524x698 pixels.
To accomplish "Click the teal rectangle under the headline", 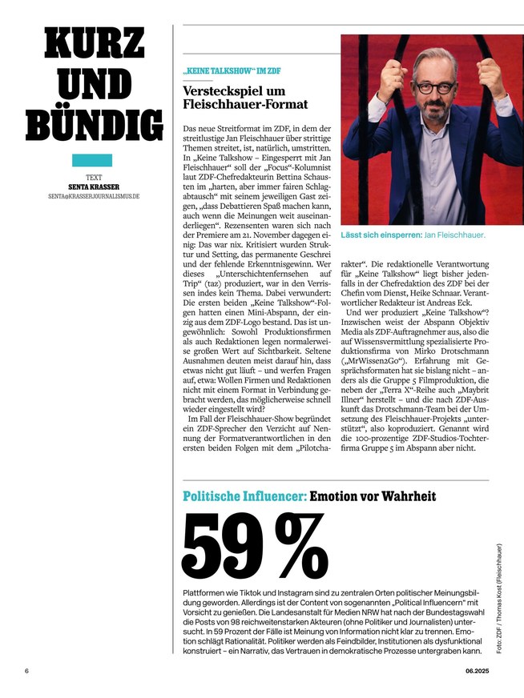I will tap(97, 160).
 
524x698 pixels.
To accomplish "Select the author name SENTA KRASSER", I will tap(98, 187).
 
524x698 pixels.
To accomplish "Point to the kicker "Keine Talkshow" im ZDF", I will tap(232, 71).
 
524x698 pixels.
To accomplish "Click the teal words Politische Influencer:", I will tap(244, 496).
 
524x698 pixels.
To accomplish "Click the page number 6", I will tap(26, 671).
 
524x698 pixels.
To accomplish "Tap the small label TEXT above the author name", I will tap(98, 177).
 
